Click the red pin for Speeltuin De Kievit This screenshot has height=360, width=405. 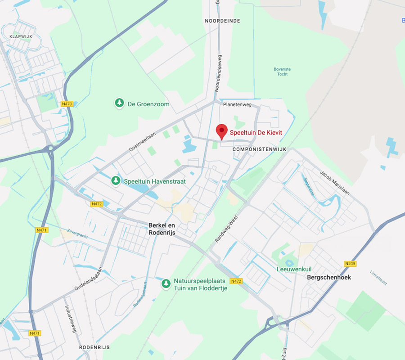coord(221,131)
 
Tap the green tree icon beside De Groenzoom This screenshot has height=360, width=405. coord(119,104)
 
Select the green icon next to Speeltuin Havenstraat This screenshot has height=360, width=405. coord(116,181)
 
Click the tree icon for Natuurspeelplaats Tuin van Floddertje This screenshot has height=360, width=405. coord(166,284)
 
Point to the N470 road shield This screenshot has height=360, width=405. coord(67,104)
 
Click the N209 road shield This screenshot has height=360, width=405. coord(350,264)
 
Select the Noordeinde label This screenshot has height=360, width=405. coord(222,21)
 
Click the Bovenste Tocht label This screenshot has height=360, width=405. coord(282,72)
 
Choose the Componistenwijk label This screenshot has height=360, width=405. coord(260,149)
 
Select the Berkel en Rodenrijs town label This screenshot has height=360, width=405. coord(162,229)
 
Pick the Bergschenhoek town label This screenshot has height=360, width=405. coord(328,277)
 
